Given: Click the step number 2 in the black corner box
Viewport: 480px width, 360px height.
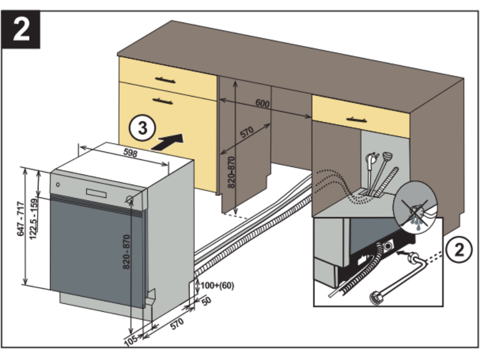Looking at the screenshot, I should (21, 29).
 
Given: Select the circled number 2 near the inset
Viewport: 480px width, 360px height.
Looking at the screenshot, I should (460, 249).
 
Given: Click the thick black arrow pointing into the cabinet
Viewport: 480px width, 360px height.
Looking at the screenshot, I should (168, 141).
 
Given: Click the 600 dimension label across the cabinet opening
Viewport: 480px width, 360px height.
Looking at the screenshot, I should (262, 103).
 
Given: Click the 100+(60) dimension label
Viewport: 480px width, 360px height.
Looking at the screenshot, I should (217, 285).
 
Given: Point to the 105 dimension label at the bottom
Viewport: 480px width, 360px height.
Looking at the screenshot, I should (131, 338).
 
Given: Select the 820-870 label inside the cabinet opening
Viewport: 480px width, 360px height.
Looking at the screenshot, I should (231, 172).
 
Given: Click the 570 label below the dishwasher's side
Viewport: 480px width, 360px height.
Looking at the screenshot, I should (176, 324).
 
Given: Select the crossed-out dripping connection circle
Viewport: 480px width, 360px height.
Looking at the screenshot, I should (414, 209).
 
